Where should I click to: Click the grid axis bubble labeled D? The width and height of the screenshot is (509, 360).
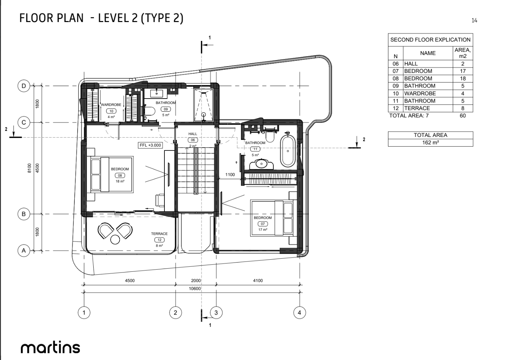[x=23, y=86]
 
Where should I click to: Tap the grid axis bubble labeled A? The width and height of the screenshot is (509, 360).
[x=23, y=250]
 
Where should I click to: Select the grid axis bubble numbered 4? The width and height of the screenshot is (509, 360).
[x=299, y=313]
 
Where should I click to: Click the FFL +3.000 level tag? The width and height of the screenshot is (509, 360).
[x=150, y=145]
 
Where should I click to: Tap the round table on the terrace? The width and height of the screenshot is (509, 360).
[x=115, y=240]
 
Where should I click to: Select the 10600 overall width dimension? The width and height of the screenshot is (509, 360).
[x=195, y=288]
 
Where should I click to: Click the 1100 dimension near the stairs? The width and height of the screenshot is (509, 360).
[x=230, y=174]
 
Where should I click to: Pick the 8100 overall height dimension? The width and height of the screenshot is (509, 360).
[x=29, y=168]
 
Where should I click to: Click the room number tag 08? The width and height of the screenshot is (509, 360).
[x=120, y=175]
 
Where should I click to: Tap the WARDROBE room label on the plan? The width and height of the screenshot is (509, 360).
[x=111, y=105]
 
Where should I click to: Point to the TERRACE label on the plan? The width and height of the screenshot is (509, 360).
[x=159, y=233]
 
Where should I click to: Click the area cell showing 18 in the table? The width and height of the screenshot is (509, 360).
[x=463, y=78]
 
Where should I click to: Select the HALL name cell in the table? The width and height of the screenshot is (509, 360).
[x=428, y=64]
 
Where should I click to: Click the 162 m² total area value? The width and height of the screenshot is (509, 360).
[x=430, y=142]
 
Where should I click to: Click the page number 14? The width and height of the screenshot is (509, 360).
[x=474, y=20]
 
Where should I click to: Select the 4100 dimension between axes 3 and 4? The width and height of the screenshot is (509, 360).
[x=258, y=281]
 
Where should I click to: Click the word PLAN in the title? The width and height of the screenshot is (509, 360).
[x=70, y=18]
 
